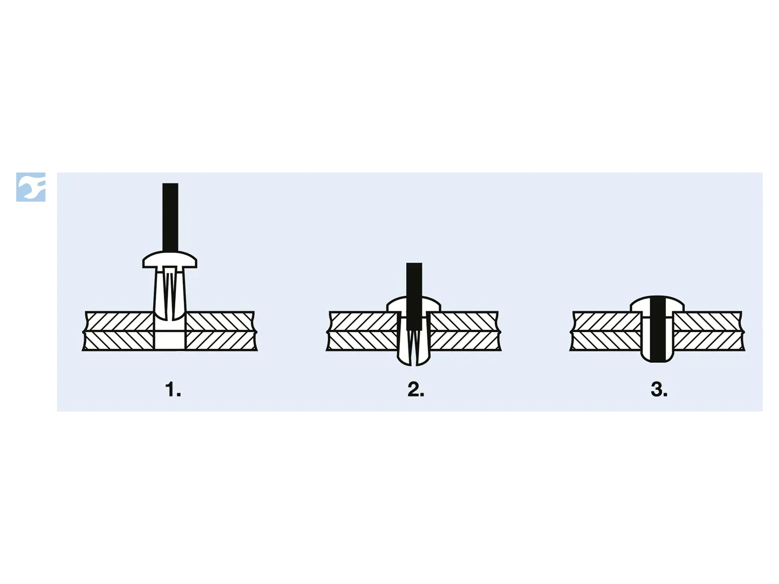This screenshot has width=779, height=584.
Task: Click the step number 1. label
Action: (x=173, y=389)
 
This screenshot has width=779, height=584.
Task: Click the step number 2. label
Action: (x=415, y=389)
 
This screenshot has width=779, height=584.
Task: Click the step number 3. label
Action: (x=659, y=389)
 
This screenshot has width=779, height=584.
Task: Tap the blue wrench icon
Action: (x=31, y=187)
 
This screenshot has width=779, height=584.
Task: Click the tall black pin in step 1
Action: (x=170, y=217)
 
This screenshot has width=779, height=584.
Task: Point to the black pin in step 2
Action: (x=414, y=296)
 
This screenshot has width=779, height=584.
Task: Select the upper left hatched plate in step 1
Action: (x=119, y=322)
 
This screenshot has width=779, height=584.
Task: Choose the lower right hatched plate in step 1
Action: (x=221, y=341)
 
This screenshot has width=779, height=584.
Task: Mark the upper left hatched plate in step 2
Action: (x=362, y=322)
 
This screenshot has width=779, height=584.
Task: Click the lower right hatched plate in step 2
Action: (x=465, y=341)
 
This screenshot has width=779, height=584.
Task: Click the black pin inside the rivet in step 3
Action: (x=658, y=329)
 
